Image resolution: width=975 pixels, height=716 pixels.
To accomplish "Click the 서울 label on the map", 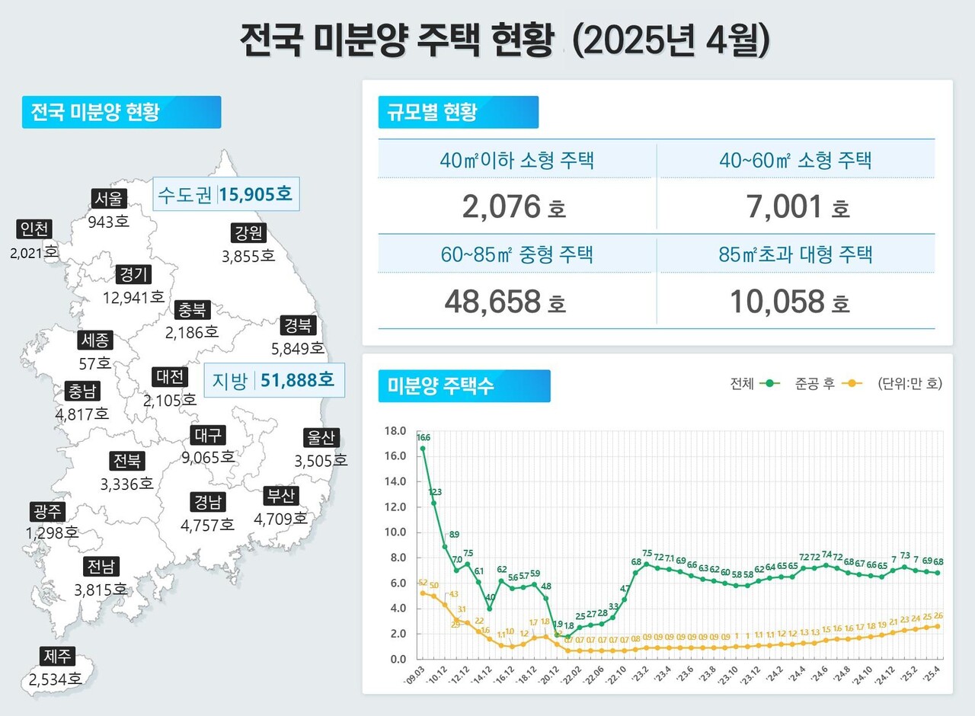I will click(107, 199).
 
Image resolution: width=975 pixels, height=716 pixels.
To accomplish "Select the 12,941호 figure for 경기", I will click(133, 296).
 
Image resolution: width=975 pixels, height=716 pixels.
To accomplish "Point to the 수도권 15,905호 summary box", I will click(225, 194).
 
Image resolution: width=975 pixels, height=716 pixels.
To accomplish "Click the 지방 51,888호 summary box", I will click(274, 379).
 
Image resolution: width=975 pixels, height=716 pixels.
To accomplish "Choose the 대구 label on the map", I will click(207, 435).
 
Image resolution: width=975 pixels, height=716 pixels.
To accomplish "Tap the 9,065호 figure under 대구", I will click(208, 457).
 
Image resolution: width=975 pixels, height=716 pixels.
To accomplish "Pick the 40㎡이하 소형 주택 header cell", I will click(516, 161).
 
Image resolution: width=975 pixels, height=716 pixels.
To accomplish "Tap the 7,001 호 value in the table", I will click(797, 206).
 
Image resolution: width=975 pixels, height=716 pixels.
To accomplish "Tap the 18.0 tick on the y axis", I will click(396, 431).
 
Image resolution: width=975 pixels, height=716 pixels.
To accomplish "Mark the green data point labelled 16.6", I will click(423, 449).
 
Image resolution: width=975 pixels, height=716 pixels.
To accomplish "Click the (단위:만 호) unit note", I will click(909, 384).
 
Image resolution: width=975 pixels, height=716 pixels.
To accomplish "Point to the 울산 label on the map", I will click(321, 438).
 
